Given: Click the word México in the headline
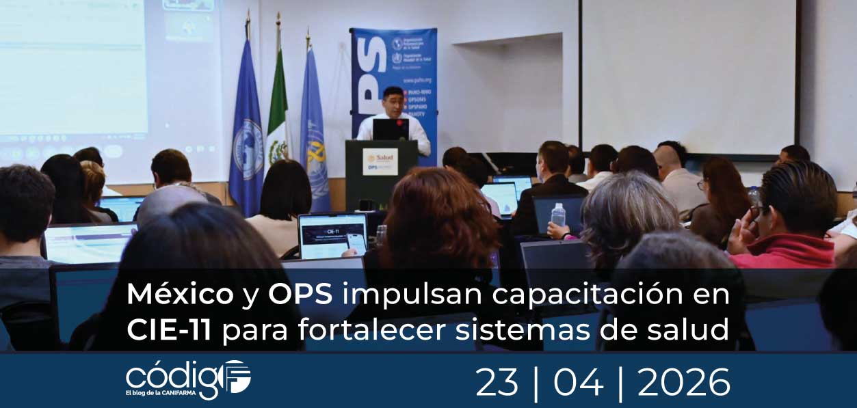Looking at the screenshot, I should pos(179,295).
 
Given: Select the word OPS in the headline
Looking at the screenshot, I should pos(300,295).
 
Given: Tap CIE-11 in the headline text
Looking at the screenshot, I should pos(168,330).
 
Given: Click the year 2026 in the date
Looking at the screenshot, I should pos(683,382).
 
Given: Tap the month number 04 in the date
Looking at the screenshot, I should pos(578,382).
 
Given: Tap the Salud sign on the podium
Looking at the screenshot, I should pos(380,161).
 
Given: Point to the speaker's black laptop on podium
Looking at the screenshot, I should pos(391,129).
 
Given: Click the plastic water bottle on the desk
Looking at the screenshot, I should pos(558,215).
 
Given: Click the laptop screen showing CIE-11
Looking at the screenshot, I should pos(332,236).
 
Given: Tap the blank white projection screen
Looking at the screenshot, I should pos(687,75).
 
